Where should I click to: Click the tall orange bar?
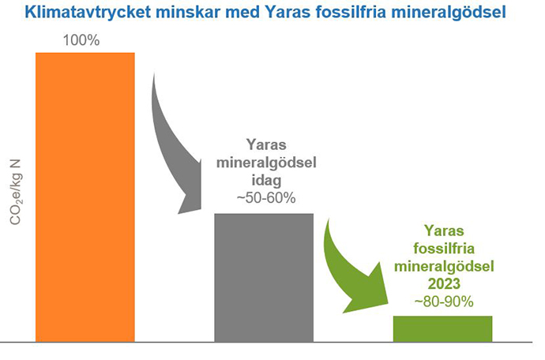tap(85, 197)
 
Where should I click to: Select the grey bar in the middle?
tap(264, 276)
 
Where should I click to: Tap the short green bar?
tap(442, 328)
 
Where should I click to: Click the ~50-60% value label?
tap(265, 198)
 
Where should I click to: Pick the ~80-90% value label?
tap(442, 301)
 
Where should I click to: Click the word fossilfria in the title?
tap(371, 13)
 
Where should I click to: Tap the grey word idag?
tap(266, 180)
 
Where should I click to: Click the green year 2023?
tap(442, 283)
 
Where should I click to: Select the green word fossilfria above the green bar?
tap(442, 249)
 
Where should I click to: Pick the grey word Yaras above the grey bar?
tap(266, 145)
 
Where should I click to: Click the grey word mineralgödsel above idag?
tap(266, 163)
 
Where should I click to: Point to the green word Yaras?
tap(442, 231)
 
